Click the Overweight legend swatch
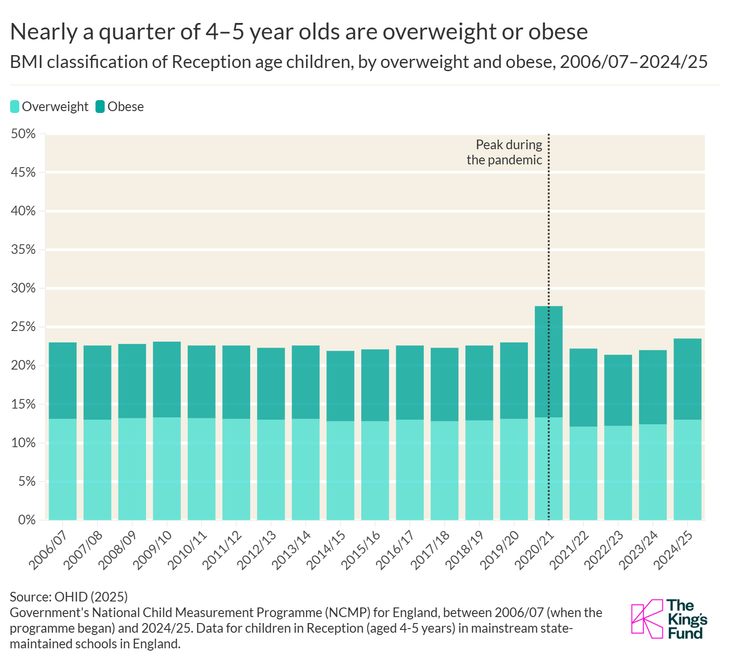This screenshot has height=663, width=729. pyautogui.click(x=15, y=107)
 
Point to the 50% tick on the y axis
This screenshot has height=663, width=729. pyautogui.click(x=23, y=134)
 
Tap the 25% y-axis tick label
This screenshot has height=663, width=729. pyautogui.click(x=23, y=327)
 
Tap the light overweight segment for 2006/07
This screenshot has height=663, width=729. pyautogui.click(x=62, y=468)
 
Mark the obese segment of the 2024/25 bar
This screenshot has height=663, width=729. pyautogui.click(x=687, y=379)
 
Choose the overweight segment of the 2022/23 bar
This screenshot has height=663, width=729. pyautogui.click(x=618, y=473)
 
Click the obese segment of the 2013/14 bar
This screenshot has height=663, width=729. pyautogui.click(x=305, y=382)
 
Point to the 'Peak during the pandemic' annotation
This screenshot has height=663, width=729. pyautogui.click(x=505, y=152)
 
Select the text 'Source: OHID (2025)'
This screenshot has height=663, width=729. pyautogui.click(x=69, y=596)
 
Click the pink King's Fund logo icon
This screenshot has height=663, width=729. pyautogui.click(x=646, y=618)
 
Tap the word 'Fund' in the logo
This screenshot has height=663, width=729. pyautogui.click(x=685, y=634)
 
